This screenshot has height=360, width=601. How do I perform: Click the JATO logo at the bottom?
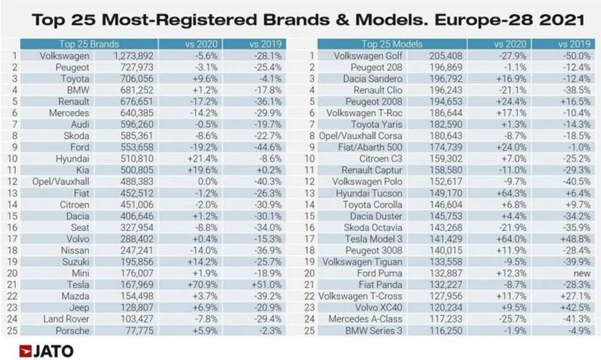click(47, 350)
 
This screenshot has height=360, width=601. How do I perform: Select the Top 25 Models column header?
click(387, 44)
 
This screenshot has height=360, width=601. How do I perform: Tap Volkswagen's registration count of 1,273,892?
click(134, 56)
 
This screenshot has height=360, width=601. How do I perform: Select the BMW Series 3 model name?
click(374, 331)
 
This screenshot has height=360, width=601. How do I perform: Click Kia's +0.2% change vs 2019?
click(264, 170)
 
